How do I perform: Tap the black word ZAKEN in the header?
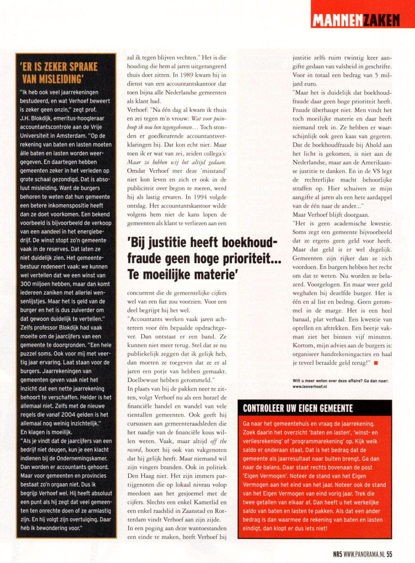click(x=382, y=20)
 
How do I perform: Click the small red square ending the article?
click(x=375, y=362)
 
